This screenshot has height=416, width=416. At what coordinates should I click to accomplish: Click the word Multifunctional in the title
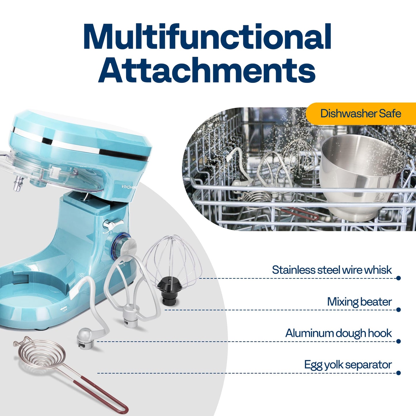(207, 37)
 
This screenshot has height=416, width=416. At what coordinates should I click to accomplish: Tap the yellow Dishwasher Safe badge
(360, 113)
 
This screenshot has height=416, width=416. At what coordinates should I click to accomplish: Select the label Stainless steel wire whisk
(332, 270)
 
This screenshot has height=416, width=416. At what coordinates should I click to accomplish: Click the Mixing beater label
(359, 302)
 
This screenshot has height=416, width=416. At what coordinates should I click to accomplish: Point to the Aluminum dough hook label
(338, 334)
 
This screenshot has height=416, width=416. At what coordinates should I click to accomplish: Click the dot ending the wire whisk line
(398, 278)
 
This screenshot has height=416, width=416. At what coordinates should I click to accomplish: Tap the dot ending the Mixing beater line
(398, 310)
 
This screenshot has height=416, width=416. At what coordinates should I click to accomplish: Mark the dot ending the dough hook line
(398, 341)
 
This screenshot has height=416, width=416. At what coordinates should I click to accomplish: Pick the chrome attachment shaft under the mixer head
(18, 183)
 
